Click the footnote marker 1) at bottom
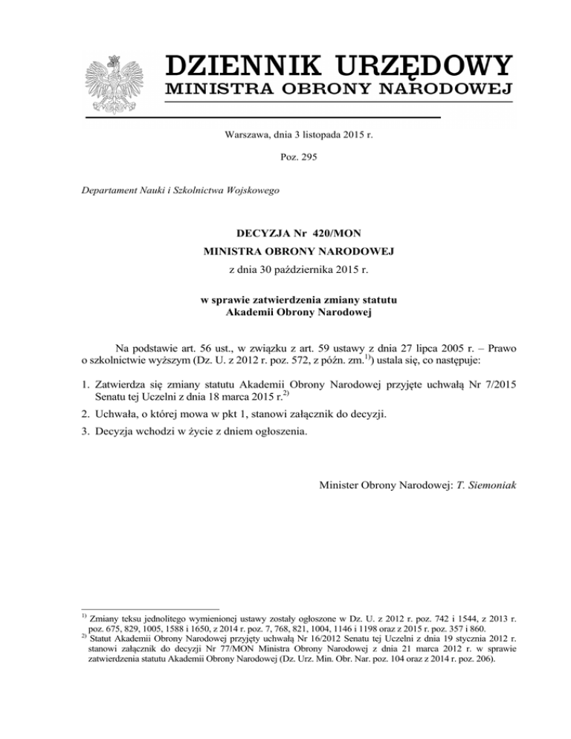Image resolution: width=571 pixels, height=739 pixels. pyautogui.click(x=83, y=617)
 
